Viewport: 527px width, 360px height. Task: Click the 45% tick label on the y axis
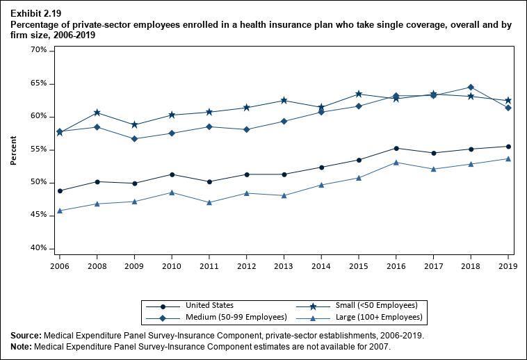click(x=38, y=215)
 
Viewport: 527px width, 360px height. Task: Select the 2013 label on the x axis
click(x=283, y=265)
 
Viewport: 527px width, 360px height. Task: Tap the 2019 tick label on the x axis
click(x=508, y=265)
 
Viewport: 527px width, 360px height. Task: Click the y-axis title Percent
click(x=13, y=150)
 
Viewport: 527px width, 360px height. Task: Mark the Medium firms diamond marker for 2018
click(x=471, y=87)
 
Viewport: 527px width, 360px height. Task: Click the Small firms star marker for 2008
click(x=97, y=113)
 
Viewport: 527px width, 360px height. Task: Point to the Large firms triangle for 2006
click(x=59, y=211)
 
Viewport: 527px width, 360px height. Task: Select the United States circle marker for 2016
click(x=396, y=148)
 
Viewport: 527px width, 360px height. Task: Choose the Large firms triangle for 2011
click(x=209, y=202)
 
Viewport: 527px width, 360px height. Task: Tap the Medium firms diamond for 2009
click(x=134, y=138)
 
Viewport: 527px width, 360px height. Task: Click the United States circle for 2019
click(x=508, y=146)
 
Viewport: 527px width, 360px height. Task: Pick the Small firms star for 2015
click(x=358, y=94)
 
